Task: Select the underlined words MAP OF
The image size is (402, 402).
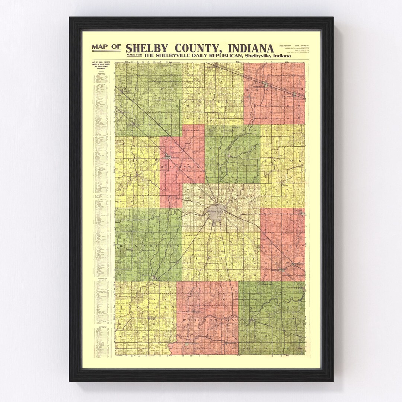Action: coord(106,47)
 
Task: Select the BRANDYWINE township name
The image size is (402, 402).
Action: coord(182,168)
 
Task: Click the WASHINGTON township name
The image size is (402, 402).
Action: coord(207,320)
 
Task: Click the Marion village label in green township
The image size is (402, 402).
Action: coord(233,157)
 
